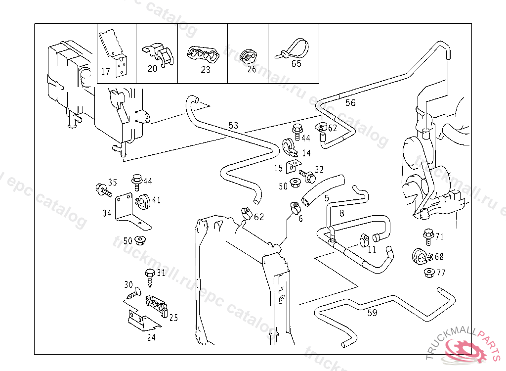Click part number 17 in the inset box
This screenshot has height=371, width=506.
click(x=105, y=72)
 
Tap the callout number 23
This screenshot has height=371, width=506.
click(x=206, y=70)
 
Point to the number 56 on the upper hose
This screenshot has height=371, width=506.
click(x=350, y=103)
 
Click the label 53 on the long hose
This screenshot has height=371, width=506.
click(x=233, y=126)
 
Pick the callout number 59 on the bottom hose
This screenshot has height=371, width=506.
click(x=372, y=313)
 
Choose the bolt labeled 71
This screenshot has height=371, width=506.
click(x=428, y=235)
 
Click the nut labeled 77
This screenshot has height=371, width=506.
click(x=428, y=273)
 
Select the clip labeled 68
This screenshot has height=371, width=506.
click(x=419, y=256)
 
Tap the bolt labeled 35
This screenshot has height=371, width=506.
click(x=102, y=189)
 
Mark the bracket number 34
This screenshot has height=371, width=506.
click(x=107, y=213)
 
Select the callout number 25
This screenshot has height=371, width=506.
click(x=173, y=318)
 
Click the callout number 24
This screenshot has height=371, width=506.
click(x=151, y=338)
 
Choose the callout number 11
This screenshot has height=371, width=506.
click(x=372, y=249)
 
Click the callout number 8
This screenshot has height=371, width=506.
click(x=341, y=213)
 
